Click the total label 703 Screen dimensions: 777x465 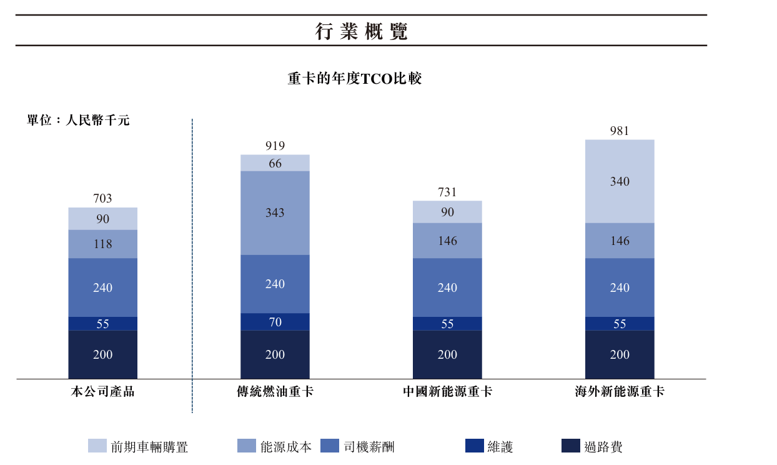coord(102,199)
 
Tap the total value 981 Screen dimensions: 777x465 coord(620,131)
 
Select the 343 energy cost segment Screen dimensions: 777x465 coord(275,213)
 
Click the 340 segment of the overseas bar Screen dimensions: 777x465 coord(620,181)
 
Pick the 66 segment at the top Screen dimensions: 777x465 coord(275,163)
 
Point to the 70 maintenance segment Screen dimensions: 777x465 coord(275,322)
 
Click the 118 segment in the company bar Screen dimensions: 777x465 coord(102,244)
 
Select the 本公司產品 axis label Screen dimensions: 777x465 coord(102,392)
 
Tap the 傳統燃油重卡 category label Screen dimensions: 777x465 coord(275,392)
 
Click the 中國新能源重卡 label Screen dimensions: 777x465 coord(447,392)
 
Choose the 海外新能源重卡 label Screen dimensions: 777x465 coord(620,392)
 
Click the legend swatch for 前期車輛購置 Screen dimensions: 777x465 coord(97,446)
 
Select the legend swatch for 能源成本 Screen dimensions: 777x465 coord(247,446)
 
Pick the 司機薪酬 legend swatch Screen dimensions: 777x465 coord(330,446)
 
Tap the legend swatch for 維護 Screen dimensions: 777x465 coord(475,446)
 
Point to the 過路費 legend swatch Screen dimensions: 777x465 coord(571,446)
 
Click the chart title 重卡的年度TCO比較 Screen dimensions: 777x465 coord(355,79)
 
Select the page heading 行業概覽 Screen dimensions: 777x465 coord(361,31)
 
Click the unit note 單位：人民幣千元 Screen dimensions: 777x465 coord(78,121)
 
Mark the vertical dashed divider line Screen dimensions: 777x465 coord(192,266)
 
